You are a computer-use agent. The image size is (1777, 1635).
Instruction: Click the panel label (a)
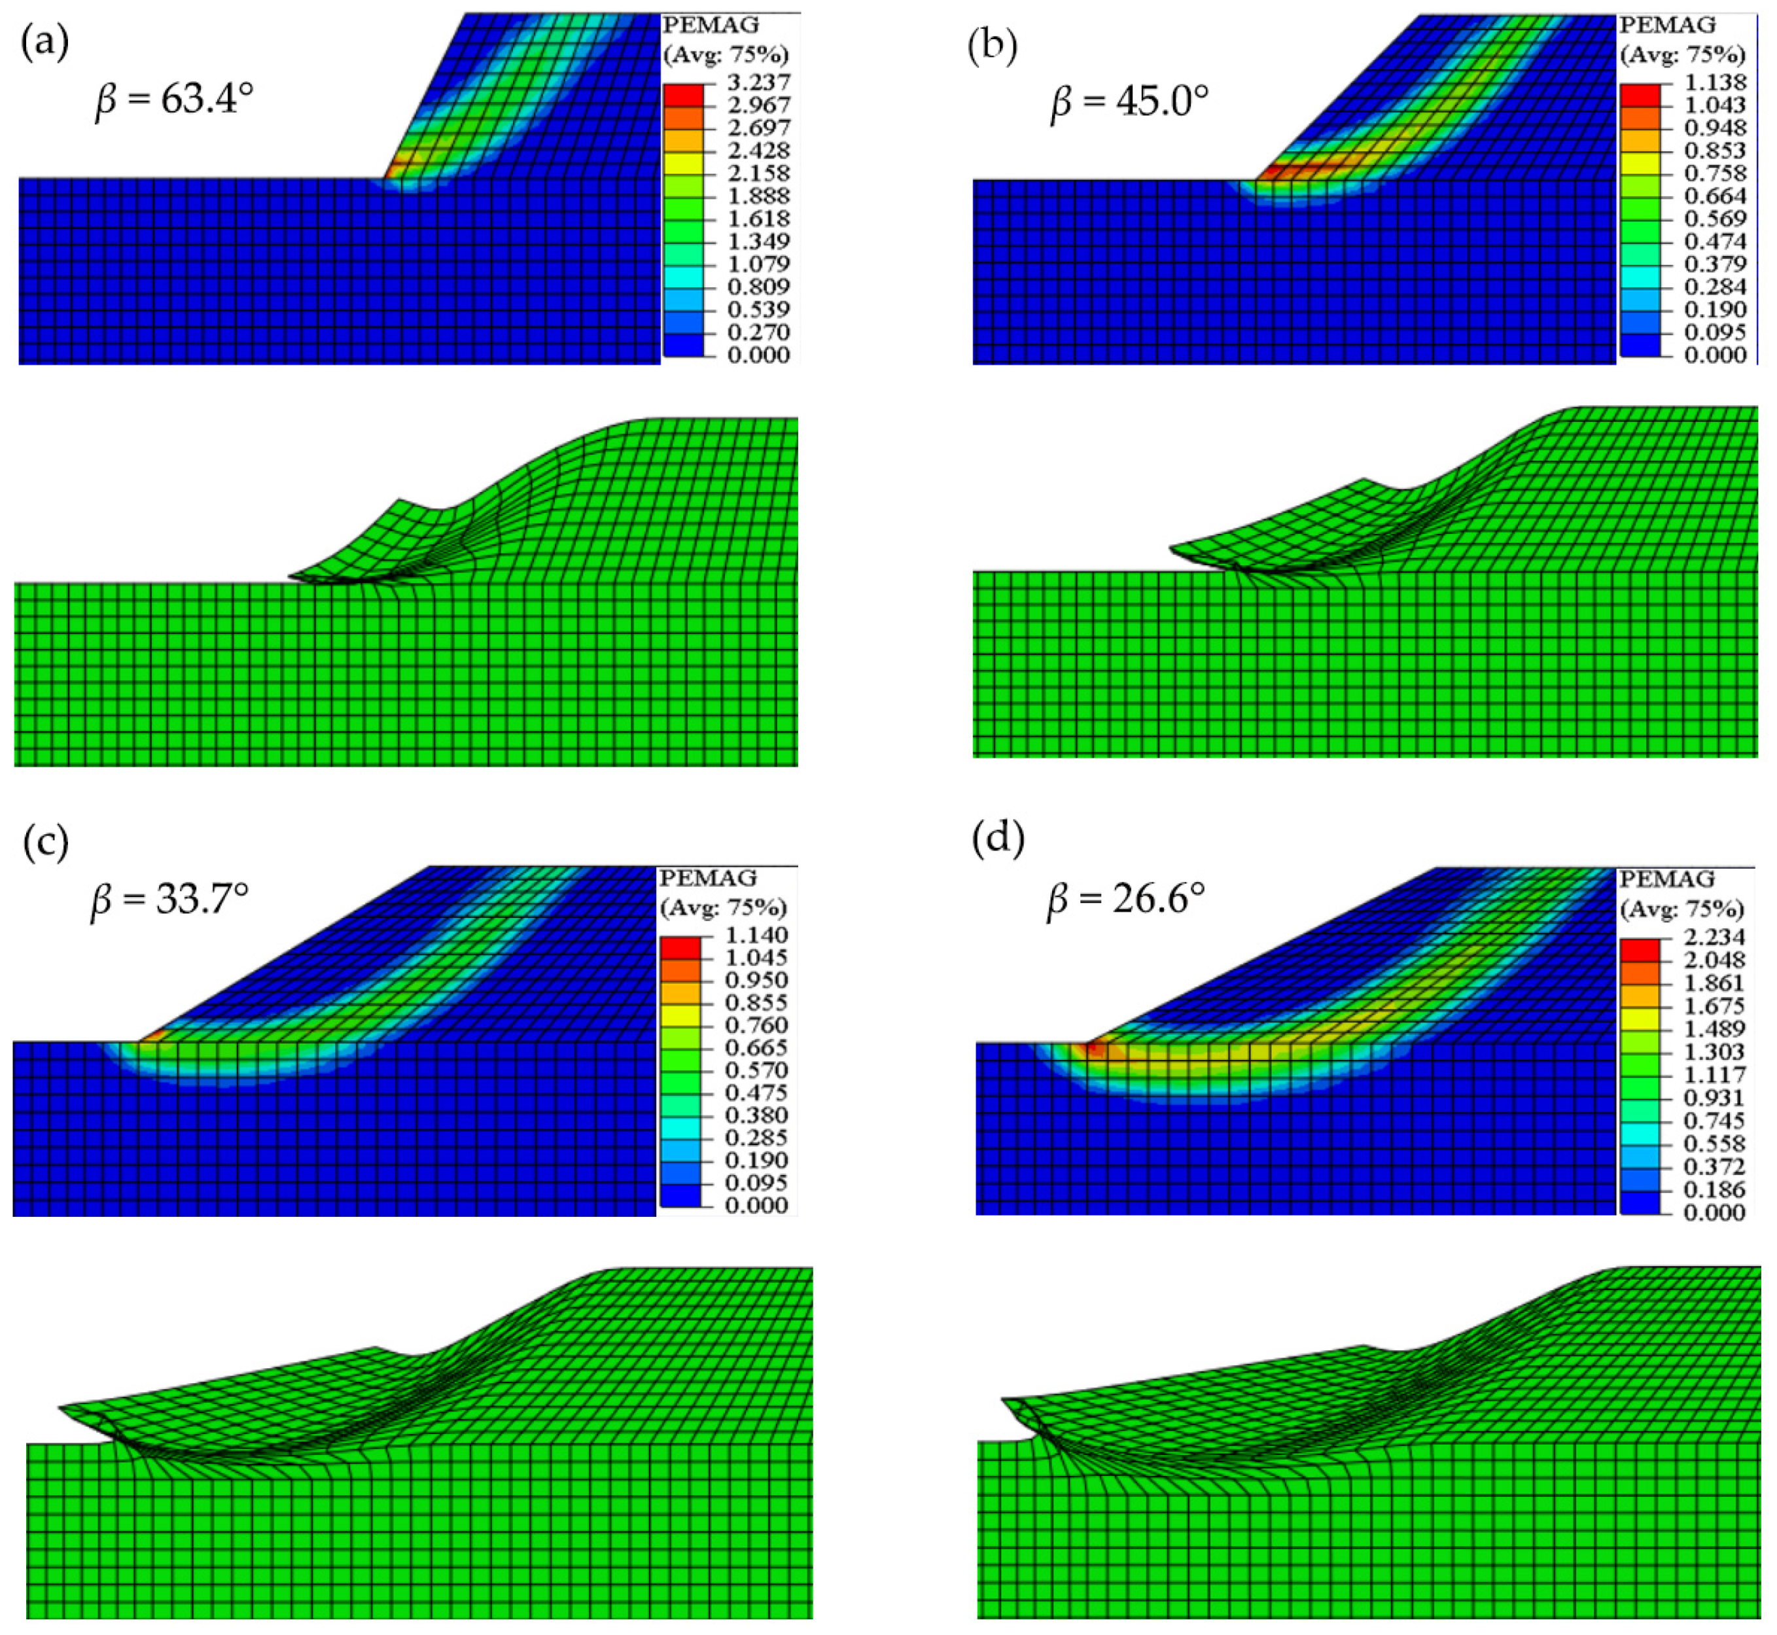pos(45,43)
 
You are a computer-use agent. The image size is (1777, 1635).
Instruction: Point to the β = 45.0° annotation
pos(1129,103)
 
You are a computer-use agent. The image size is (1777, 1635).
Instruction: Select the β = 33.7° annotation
pos(169,899)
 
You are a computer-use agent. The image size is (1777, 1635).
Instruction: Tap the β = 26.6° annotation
pos(1125,899)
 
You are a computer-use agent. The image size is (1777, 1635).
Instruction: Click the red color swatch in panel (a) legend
pos(684,93)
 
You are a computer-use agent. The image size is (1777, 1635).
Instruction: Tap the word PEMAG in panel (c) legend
pos(709,877)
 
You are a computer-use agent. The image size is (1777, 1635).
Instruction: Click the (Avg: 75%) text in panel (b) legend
pos(1681,55)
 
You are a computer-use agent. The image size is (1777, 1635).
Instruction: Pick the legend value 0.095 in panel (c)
pos(756,1183)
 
